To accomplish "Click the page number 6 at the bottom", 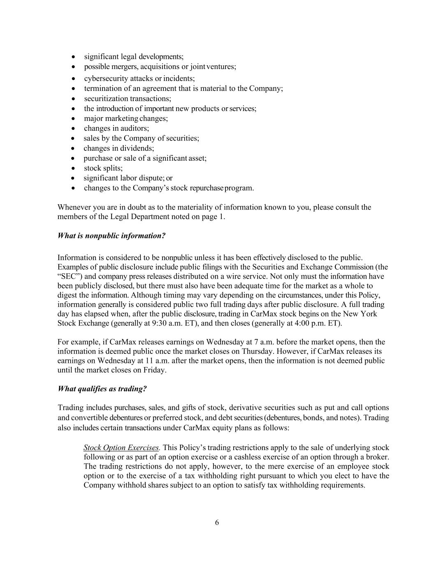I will click(x=217, y=522).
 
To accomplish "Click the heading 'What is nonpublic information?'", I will click(x=111, y=235).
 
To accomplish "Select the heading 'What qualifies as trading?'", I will click(x=102, y=388).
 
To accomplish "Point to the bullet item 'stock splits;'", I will click(x=103, y=168).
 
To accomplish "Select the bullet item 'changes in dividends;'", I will click(x=118, y=148).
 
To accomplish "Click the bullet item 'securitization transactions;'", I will click(x=128, y=98).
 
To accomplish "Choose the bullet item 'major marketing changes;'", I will click(x=126, y=118).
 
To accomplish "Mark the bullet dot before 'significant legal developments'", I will click(x=73, y=57).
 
